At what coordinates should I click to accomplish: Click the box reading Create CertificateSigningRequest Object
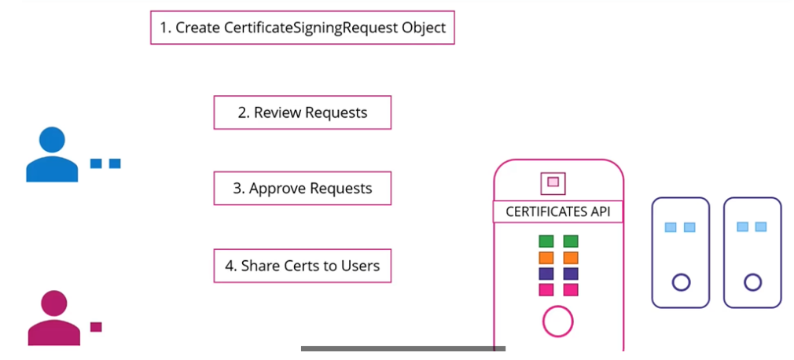(303, 28)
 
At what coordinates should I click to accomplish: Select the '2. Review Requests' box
(303, 112)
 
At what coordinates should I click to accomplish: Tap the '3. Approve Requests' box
(303, 189)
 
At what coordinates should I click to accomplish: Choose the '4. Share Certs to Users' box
(303, 266)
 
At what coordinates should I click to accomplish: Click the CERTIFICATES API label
(558, 211)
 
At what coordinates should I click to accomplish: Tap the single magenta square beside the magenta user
(96, 326)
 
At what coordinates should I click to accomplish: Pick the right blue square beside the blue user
(115, 163)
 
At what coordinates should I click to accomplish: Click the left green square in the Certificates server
(546, 241)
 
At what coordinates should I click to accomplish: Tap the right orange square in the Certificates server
(571, 258)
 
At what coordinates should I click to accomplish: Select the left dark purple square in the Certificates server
(546, 274)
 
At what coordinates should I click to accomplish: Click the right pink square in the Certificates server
(571, 290)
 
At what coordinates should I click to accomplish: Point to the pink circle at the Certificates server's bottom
(558, 321)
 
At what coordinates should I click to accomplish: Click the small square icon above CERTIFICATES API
(553, 182)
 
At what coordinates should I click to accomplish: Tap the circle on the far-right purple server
(752, 281)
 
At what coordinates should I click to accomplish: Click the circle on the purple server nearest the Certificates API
(681, 281)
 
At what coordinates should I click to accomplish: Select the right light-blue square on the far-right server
(761, 227)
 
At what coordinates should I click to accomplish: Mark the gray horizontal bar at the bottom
(403, 348)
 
